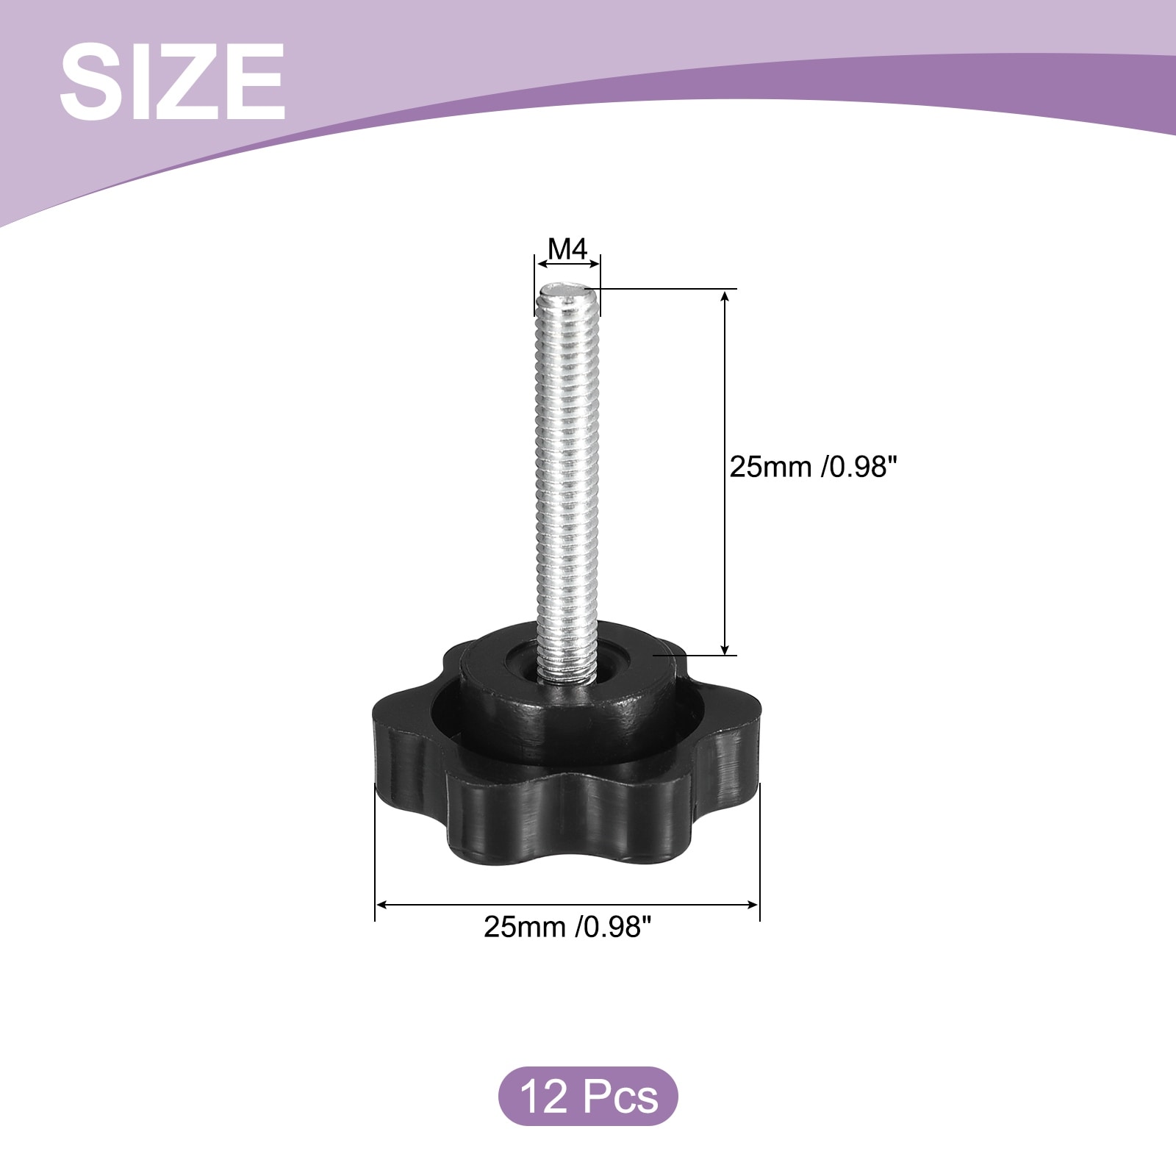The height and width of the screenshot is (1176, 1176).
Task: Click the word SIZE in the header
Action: click(x=173, y=82)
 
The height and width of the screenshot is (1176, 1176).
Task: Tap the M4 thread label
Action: click(x=567, y=250)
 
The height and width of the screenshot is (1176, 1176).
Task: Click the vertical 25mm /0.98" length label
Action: click(x=814, y=467)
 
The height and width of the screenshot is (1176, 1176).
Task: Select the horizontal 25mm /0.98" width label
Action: click(x=567, y=927)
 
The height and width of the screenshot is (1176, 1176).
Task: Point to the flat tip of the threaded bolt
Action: click(x=567, y=291)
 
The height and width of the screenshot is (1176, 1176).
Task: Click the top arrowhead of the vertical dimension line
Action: click(x=725, y=297)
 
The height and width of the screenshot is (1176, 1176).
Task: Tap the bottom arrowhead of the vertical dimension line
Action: click(x=725, y=647)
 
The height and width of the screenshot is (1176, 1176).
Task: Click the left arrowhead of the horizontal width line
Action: click(x=382, y=904)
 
